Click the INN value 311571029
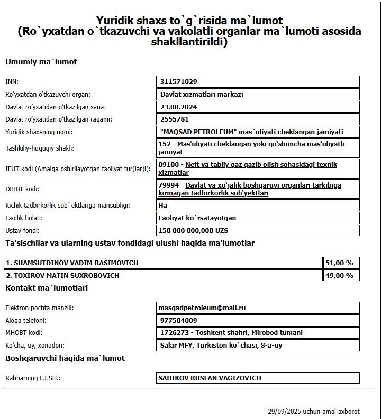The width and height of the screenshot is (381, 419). [x=179, y=82]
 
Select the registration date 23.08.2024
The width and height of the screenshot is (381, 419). [x=179, y=107]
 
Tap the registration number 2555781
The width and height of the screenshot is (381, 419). [x=175, y=119]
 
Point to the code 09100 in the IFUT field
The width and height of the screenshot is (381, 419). [x=169, y=165]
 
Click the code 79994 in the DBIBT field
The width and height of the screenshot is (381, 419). [x=169, y=185]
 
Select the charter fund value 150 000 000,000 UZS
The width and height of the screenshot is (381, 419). [x=193, y=231]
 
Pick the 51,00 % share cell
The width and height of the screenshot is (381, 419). [x=341, y=263]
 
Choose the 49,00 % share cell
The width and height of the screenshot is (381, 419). [x=341, y=275]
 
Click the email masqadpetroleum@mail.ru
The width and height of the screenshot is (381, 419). [x=202, y=308]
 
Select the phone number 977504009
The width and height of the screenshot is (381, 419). [x=179, y=321]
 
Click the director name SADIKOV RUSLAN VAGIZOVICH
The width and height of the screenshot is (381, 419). [x=210, y=378]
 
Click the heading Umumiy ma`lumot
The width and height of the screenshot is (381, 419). [x=41, y=62]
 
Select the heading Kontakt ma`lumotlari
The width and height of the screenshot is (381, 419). [x=47, y=288]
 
